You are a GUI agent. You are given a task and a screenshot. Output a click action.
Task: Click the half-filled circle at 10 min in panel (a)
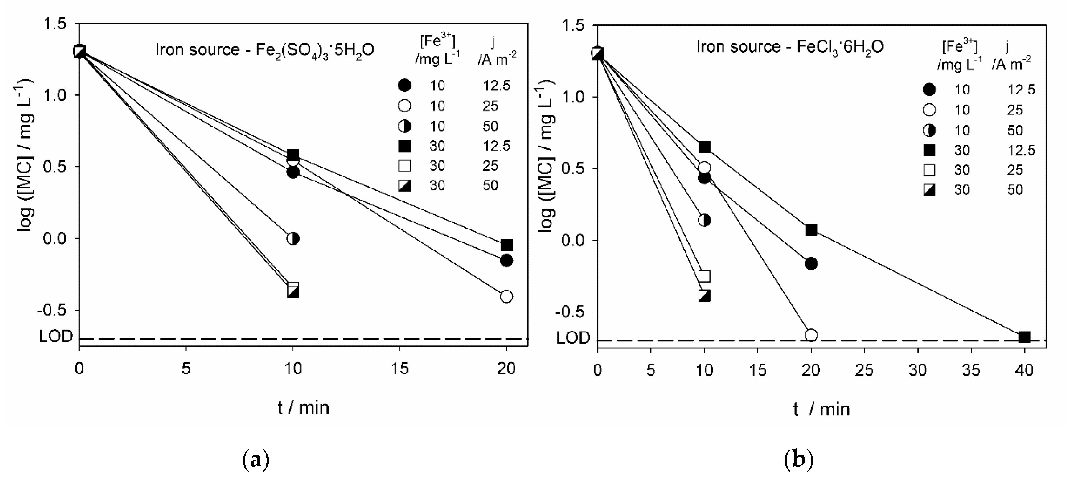pyautogui.click(x=293, y=239)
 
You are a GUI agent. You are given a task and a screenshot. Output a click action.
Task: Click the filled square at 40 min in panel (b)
pyautogui.click(x=1024, y=337)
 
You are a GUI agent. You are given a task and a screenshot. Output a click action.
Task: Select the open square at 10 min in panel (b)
pyautogui.click(x=704, y=276)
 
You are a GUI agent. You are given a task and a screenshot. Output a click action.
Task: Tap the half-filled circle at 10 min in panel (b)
pyautogui.click(x=704, y=220)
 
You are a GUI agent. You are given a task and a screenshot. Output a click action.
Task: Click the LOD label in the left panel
pyautogui.click(x=56, y=336)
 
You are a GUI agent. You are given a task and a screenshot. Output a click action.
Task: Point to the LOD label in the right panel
pyautogui.click(x=573, y=338)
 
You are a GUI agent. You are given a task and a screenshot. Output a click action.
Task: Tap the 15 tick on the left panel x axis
pyautogui.click(x=400, y=368)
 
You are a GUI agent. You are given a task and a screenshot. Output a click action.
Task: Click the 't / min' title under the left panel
pyautogui.click(x=303, y=408)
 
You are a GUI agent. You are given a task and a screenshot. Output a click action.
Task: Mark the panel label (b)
pyautogui.click(x=799, y=460)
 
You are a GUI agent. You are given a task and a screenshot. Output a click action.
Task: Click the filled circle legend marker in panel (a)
pyautogui.click(x=404, y=86)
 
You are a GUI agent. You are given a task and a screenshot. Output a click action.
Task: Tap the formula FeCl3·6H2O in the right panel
pyautogui.click(x=840, y=47)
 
